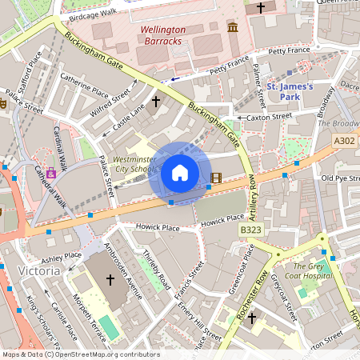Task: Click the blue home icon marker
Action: point(180,173)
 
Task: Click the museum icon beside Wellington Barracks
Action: point(233,28)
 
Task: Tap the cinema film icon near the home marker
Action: point(216,177)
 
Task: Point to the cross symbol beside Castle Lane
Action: point(156,102)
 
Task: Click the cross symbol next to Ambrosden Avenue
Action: point(110,279)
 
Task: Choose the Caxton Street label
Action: point(270,117)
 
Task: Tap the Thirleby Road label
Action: point(157,270)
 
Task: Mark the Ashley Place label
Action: point(62,257)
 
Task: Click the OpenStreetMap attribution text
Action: point(80,354)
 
